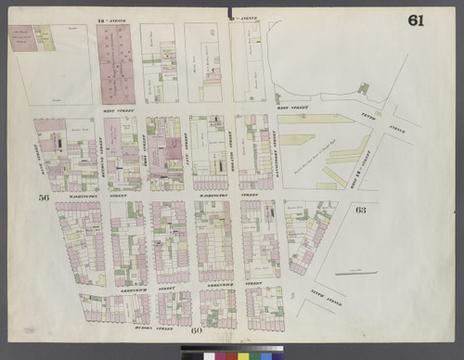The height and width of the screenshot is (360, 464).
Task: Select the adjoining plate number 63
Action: [x=360, y=210]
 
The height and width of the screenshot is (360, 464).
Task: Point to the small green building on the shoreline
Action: [x=364, y=89]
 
